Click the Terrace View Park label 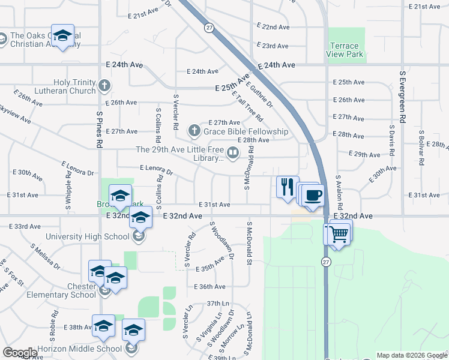(x=343, y=50)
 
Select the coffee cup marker (x=313, y=196)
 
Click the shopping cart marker (x=339, y=233)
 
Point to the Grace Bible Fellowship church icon (x=193, y=130)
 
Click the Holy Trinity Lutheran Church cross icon (x=105, y=85)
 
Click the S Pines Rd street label (x=100, y=130)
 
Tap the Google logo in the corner (x=20, y=353)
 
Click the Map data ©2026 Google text (x=411, y=355)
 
